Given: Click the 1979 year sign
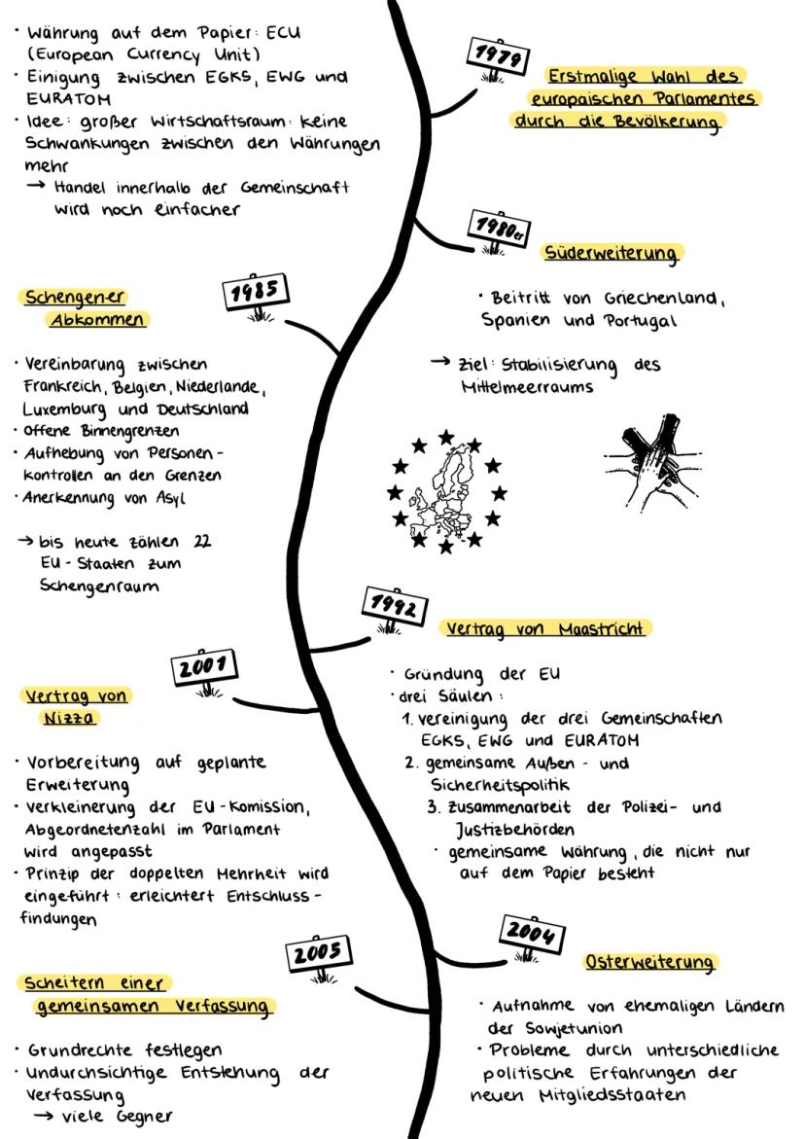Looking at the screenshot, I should click(497, 56).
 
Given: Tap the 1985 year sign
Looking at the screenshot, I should click(256, 292).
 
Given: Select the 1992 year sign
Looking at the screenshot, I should click(394, 608).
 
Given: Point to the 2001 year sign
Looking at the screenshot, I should click(205, 668).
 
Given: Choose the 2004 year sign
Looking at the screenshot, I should click(534, 935).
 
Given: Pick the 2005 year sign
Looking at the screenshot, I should click(318, 954).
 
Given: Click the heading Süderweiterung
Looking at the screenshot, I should click(612, 253).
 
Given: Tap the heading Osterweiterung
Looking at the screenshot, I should click(650, 962).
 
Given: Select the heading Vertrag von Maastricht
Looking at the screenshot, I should click(545, 629).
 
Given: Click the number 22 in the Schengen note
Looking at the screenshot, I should click(203, 542).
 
